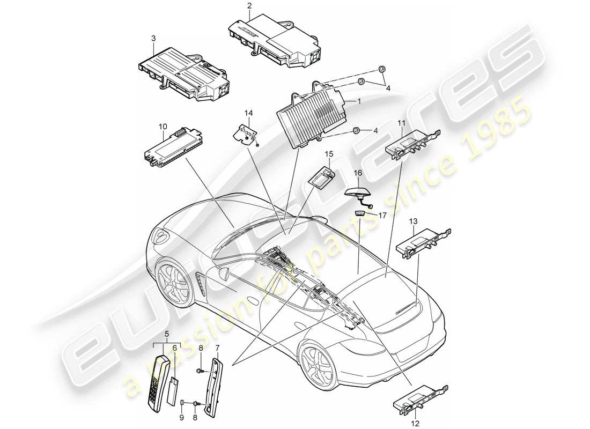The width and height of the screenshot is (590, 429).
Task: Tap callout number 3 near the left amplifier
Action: pos(153,38)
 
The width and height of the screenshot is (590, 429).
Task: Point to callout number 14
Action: pos(247,113)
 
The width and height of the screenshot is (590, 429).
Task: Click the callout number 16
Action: pos(357,173)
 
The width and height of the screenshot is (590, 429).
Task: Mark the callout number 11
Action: pos(401,124)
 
